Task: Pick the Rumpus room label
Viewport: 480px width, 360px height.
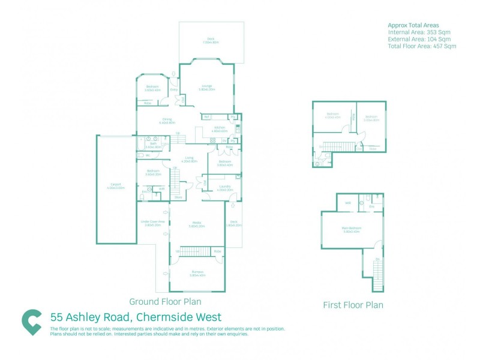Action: coord(197,274)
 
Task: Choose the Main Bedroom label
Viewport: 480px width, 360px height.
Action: coord(352,229)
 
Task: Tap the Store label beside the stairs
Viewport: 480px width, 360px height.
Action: coord(178,197)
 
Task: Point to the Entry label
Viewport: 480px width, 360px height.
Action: coord(174,90)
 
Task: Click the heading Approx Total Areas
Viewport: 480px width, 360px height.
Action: coord(413,25)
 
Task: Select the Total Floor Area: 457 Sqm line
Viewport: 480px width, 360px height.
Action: coord(422,46)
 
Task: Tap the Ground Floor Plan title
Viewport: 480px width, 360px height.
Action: coord(165,302)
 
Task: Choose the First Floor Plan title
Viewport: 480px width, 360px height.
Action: coord(353,305)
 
